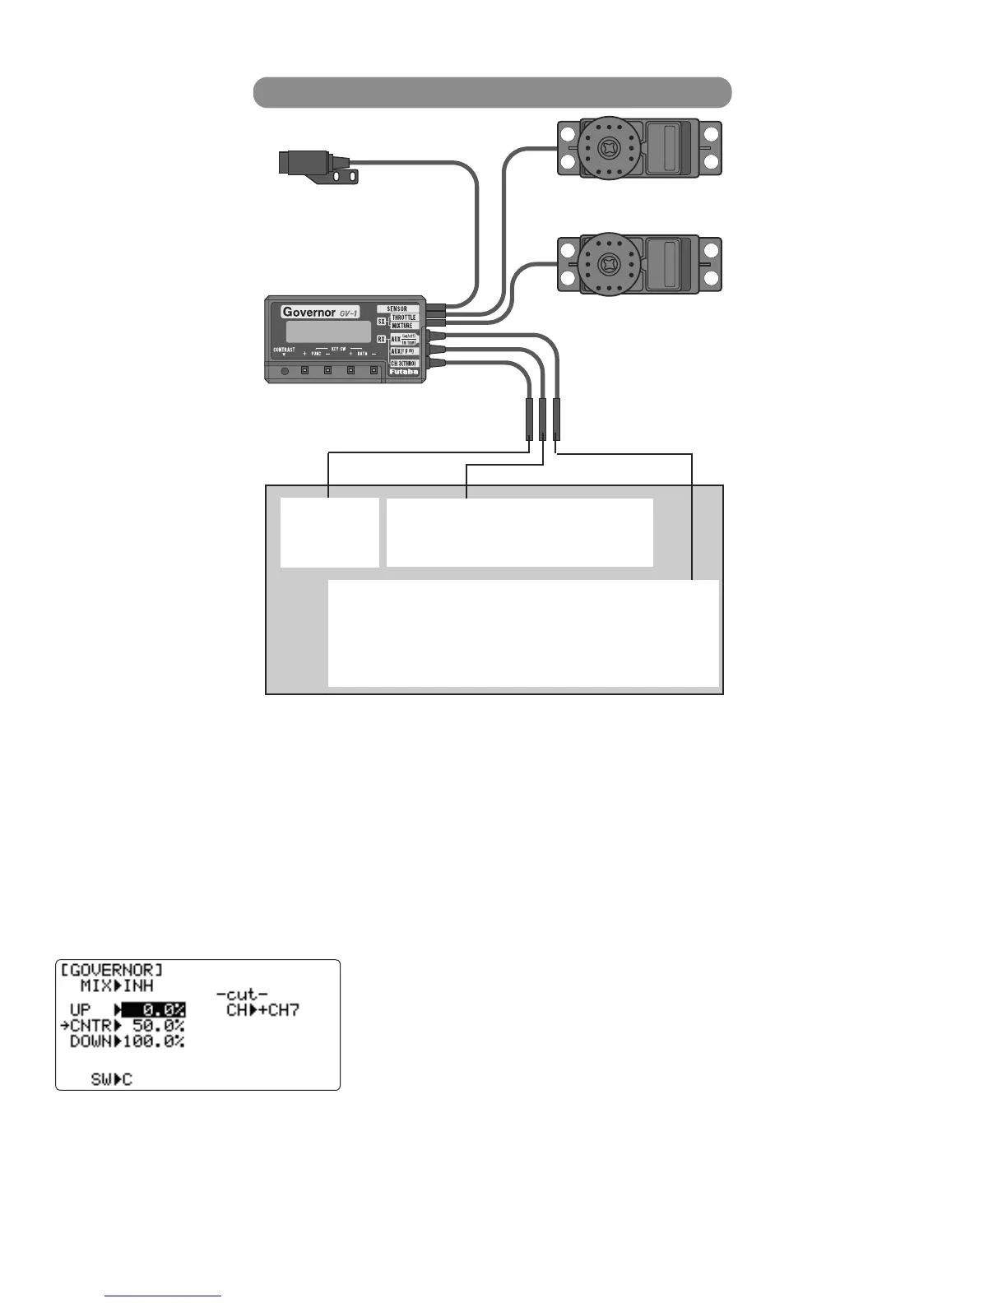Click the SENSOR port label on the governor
tap(397, 308)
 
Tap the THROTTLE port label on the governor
tap(403, 318)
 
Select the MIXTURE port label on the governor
tap(402, 326)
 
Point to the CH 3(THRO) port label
tap(403, 363)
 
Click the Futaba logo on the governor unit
tap(403, 372)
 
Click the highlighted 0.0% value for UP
tap(154, 1010)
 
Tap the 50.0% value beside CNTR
tap(158, 1026)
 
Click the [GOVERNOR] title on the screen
tap(112, 970)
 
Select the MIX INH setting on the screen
tap(117, 985)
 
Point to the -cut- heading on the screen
tap(242, 995)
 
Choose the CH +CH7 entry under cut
tap(262, 1010)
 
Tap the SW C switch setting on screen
tap(111, 1079)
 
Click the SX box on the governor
tap(382, 322)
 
